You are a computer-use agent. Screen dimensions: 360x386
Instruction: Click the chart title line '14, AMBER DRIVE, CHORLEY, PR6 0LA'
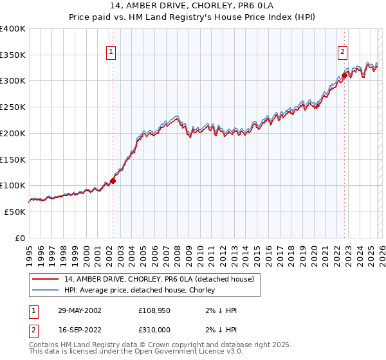point(192,7)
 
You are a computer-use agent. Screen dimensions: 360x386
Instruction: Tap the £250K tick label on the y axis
point(13,107)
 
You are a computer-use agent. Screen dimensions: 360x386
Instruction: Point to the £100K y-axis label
point(13,186)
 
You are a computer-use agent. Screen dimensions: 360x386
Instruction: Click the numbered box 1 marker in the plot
point(111,53)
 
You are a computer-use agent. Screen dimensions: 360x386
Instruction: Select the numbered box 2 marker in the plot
point(343,53)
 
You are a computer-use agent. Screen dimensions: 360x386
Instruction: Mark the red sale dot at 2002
point(113,181)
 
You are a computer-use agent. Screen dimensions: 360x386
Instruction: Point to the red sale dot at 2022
point(344,75)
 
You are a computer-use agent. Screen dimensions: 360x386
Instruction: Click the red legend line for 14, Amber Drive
point(45,279)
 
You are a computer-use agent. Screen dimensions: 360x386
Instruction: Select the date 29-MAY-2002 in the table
point(80,310)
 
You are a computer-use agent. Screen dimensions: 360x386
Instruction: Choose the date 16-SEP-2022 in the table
point(80,328)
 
